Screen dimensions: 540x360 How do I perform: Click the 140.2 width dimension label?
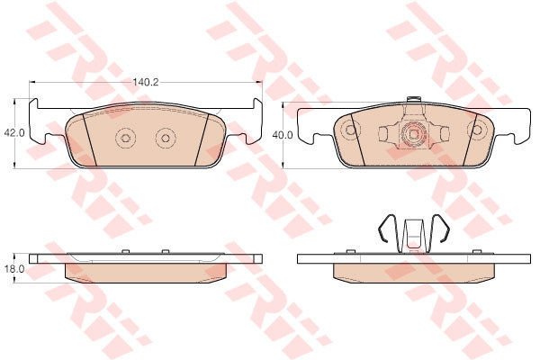[146, 82]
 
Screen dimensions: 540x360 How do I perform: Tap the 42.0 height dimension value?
[14, 133]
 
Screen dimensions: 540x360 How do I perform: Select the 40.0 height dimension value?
[283, 135]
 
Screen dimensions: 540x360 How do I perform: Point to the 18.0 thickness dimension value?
[14, 269]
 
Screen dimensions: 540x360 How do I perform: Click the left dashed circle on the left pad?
[125, 138]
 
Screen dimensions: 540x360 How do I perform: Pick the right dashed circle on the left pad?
[166, 138]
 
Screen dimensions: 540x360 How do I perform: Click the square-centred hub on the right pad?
[413, 134]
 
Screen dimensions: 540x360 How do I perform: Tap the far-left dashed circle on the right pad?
[350, 130]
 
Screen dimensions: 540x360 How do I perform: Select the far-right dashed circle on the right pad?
[477, 130]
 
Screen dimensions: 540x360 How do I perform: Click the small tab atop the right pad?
[413, 99]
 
